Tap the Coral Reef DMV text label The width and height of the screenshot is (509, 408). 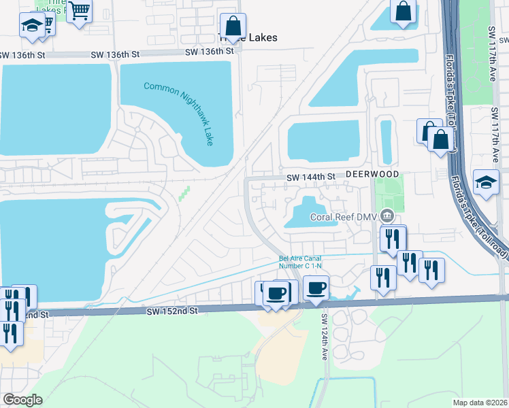(x=344, y=217)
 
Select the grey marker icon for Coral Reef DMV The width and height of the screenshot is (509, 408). (x=387, y=216)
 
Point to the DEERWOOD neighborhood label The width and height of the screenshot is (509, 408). (x=372, y=175)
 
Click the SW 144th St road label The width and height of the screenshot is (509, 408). (x=311, y=177)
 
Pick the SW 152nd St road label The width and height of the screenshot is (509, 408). (x=171, y=310)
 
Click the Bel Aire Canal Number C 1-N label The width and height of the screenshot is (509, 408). (x=301, y=262)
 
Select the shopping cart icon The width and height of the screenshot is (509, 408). (x=80, y=12)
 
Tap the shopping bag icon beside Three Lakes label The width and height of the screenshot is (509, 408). (x=233, y=27)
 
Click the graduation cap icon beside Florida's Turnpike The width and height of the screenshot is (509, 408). (x=486, y=182)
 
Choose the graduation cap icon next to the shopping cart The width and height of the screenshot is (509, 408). (x=31, y=25)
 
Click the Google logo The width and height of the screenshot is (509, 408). (x=23, y=400)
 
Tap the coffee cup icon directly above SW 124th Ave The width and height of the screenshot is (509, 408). (x=316, y=288)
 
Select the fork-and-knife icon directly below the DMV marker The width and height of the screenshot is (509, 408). (x=393, y=239)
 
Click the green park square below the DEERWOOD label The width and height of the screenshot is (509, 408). (x=389, y=192)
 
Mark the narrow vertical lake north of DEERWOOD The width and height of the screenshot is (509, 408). (x=387, y=141)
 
